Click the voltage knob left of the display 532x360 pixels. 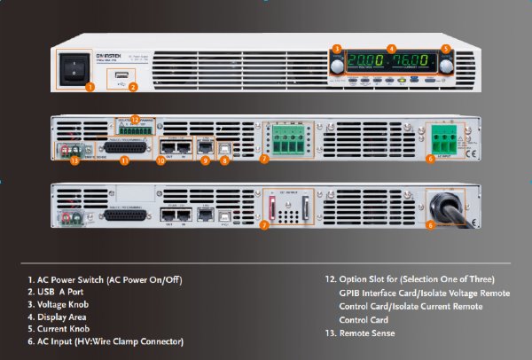tap(337, 66)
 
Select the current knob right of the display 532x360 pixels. tap(445, 66)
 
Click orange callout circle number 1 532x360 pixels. tap(89, 87)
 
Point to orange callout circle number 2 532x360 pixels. tap(132, 87)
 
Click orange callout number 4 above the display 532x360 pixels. tap(391, 48)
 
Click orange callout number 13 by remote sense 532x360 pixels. tap(74, 162)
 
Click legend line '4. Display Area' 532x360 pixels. tap(61, 316)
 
